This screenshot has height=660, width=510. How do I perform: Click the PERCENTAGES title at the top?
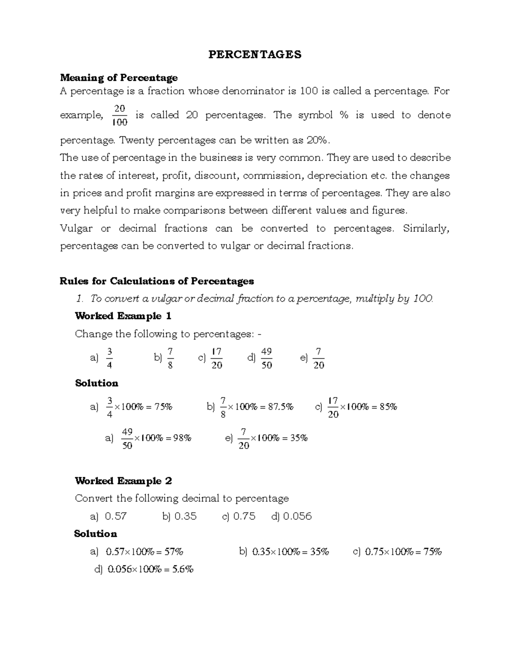coord(255,54)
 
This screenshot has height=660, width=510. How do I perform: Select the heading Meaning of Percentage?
coord(119,77)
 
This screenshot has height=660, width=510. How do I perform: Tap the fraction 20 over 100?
coord(119,116)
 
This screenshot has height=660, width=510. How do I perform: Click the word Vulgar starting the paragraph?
coord(76,229)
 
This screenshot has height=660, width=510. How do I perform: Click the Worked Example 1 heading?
coord(123,316)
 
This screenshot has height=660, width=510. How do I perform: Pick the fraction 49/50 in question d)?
coord(266,358)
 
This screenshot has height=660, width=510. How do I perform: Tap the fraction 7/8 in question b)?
coord(170,358)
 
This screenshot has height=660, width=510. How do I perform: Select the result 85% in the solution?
coord(388,407)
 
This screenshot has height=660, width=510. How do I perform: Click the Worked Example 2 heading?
coord(123,481)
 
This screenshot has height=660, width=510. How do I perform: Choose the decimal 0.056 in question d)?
coord(297,516)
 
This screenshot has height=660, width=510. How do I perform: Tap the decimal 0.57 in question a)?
coord(116,516)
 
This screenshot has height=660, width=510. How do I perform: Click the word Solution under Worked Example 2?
coord(96,534)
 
